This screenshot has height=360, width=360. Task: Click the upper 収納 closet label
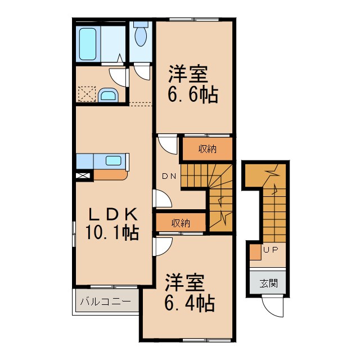(x=206, y=149)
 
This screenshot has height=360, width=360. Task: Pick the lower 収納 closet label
(x=181, y=223)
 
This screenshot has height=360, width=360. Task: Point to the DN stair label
(x=169, y=176)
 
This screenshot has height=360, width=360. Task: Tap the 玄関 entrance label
(x=268, y=283)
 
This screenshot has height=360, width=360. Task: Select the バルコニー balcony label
(x=105, y=301)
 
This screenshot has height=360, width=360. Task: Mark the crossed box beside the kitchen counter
(x=82, y=175)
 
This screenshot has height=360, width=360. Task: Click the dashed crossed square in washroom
(x=87, y=94)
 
